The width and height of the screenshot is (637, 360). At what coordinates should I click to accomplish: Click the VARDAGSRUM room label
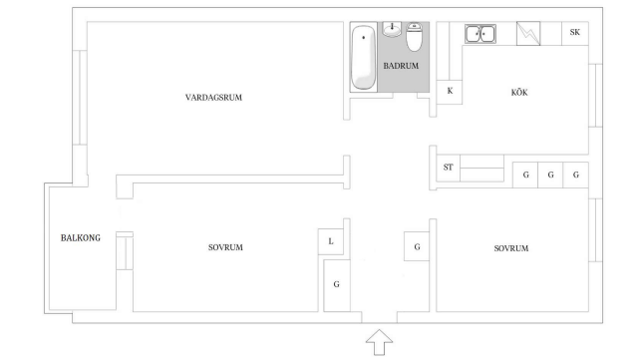[x=213, y=98]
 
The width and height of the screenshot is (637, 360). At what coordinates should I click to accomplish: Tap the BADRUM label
[x=401, y=66]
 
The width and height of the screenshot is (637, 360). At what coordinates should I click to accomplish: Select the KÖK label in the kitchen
[x=519, y=92]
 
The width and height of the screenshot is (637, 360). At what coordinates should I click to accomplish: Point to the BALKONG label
[x=81, y=238]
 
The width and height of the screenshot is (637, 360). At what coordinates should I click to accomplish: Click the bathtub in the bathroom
[x=363, y=57]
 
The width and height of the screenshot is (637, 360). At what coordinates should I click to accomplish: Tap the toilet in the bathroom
[x=414, y=37]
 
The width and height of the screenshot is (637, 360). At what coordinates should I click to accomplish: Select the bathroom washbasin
[x=392, y=29]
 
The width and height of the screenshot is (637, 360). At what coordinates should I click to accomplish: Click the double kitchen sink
[x=480, y=34]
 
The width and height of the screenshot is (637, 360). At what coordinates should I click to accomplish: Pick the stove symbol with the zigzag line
[x=528, y=33]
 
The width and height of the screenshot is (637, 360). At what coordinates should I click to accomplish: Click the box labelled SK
[x=575, y=33]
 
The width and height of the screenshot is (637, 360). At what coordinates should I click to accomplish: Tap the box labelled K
[x=450, y=92]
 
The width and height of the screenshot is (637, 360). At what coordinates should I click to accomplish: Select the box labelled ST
[x=449, y=168]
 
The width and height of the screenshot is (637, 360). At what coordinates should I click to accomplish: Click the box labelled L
[x=331, y=241]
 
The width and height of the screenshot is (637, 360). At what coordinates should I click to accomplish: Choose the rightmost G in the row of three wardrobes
[x=575, y=175]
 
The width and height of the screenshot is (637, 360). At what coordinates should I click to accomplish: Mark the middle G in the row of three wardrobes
[x=550, y=175]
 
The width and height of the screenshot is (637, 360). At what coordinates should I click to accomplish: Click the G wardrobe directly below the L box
[x=337, y=285]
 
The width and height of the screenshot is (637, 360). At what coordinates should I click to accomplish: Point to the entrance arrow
[x=379, y=342]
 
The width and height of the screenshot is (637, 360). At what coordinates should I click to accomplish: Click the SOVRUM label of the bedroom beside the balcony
[x=225, y=247]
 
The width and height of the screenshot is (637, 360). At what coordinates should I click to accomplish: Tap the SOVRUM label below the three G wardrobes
[x=511, y=248]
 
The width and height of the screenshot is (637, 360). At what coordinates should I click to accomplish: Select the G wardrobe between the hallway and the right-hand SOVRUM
[x=417, y=246]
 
